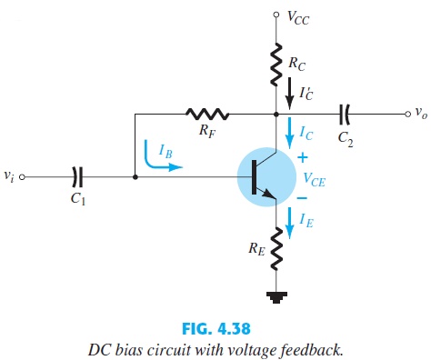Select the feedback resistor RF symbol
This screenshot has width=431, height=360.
(x=207, y=115)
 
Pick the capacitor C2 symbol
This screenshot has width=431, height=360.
(x=345, y=115)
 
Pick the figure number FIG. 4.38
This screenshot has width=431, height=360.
(x=215, y=322)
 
